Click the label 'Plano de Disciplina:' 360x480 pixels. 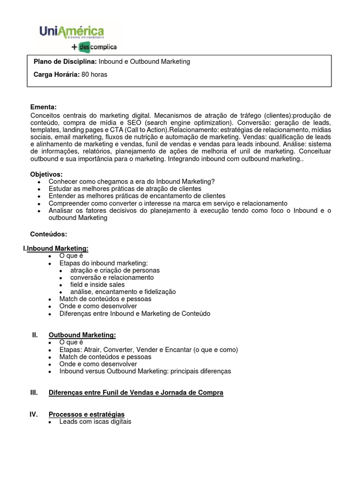point(65,62)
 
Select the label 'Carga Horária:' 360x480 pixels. point(56,75)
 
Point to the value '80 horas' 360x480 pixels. point(94,75)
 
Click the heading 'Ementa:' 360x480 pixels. point(43,107)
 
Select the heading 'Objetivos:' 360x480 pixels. point(46,174)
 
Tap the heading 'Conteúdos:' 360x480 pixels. point(49,233)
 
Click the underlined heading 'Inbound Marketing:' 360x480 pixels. point(58,248)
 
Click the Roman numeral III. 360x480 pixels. point(34,392)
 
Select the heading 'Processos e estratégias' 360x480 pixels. point(87,414)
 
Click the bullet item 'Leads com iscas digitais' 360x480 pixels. point(95,421)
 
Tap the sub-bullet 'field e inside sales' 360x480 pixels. point(97,285)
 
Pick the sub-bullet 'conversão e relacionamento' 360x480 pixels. point(112,277)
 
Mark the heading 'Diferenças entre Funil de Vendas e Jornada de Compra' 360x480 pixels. point(136,392)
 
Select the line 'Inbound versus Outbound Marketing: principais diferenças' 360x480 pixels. point(145,371)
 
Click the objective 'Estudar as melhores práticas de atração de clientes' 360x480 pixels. point(122,188)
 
